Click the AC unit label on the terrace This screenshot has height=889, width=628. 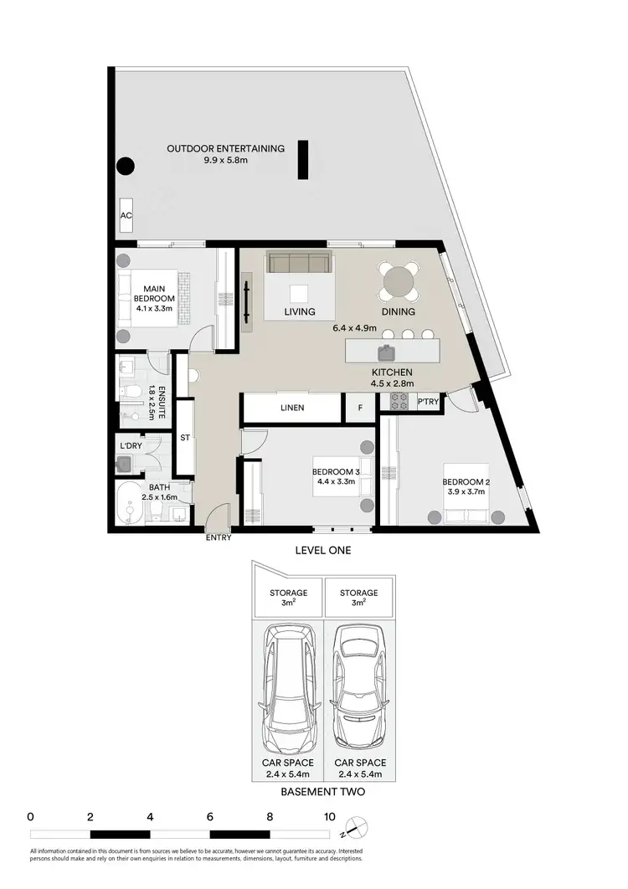[126, 215]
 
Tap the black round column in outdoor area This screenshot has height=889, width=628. [125, 167]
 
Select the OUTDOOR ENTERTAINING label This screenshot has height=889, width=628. [225, 149]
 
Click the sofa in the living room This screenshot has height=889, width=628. [298, 262]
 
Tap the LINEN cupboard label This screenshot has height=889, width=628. [292, 408]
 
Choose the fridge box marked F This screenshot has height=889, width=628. [360, 408]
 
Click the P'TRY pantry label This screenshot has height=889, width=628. [429, 403]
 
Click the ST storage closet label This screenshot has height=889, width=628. [186, 438]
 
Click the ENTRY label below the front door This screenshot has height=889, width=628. [219, 537]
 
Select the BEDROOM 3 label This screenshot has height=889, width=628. [337, 470]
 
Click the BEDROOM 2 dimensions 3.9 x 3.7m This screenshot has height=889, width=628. [466, 494]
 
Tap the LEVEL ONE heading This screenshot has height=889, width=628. [322, 550]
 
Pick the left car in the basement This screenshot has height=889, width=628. [286, 691]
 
